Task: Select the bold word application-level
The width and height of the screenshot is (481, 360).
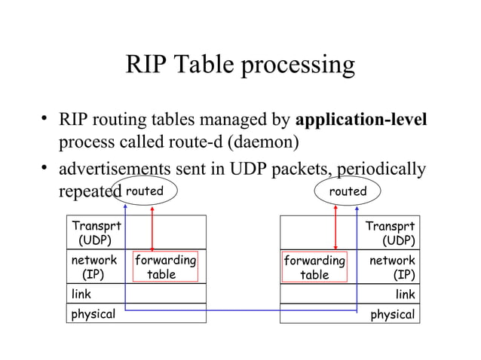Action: [363, 120]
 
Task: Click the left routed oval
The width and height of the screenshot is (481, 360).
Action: [144, 191]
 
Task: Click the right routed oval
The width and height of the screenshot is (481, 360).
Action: [348, 191]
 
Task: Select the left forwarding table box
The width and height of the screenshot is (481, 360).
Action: [164, 267]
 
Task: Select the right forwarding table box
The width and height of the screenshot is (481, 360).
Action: [314, 267]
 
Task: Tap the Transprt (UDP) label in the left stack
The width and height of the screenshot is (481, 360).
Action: [96, 233]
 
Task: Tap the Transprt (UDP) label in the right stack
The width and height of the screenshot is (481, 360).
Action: [390, 233]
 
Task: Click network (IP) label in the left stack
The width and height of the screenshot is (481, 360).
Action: [93, 267]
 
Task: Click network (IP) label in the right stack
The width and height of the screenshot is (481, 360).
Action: [391, 267]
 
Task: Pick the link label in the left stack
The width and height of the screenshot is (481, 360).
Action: [81, 294]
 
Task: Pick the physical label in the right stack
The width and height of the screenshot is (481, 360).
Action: [392, 314]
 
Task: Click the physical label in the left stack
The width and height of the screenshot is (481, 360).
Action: [93, 314]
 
